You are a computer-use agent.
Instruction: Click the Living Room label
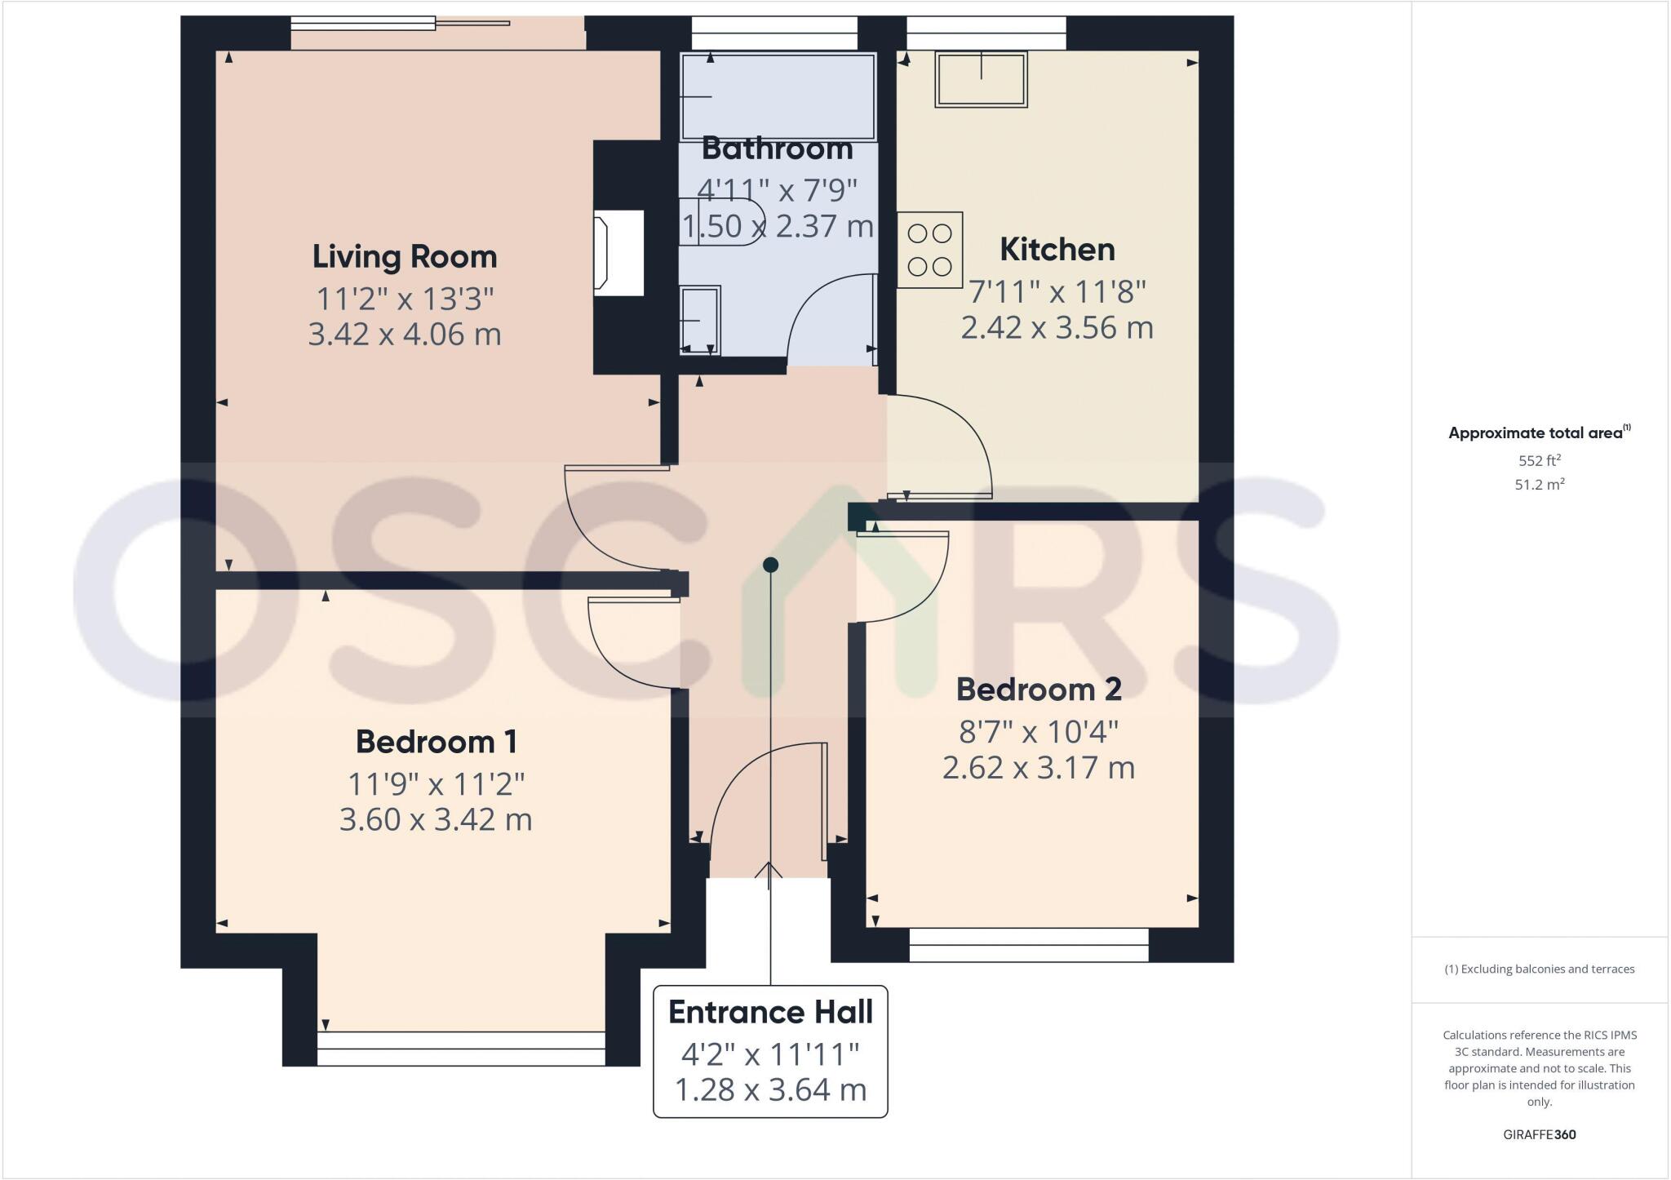tap(405, 257)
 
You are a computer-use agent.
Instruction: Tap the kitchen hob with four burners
tap(929, 250)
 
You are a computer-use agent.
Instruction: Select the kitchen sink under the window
tap(981, 79)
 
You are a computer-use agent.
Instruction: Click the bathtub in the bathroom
tap(778, 96)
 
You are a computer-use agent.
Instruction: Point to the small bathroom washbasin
tap(699, 319)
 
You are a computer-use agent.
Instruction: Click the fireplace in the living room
tap(618, 253)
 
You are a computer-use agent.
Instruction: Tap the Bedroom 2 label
tap(1039, 690)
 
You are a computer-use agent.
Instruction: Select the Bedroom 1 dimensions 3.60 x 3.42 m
tap(436, 819)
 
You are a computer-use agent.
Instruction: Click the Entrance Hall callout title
tap(770, 1012)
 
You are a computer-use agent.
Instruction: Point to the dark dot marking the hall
tap(770, 565)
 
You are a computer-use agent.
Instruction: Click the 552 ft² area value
tap(1539, 460)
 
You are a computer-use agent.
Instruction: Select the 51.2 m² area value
tap(1539, 485)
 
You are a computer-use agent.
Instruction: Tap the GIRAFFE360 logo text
tap(1539, 1134)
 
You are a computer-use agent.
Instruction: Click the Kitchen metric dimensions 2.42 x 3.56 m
tap(1057, 328)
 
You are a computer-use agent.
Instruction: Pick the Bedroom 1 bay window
tap(461, 1049)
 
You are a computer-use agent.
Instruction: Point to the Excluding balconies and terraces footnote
tap(1539, 969)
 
